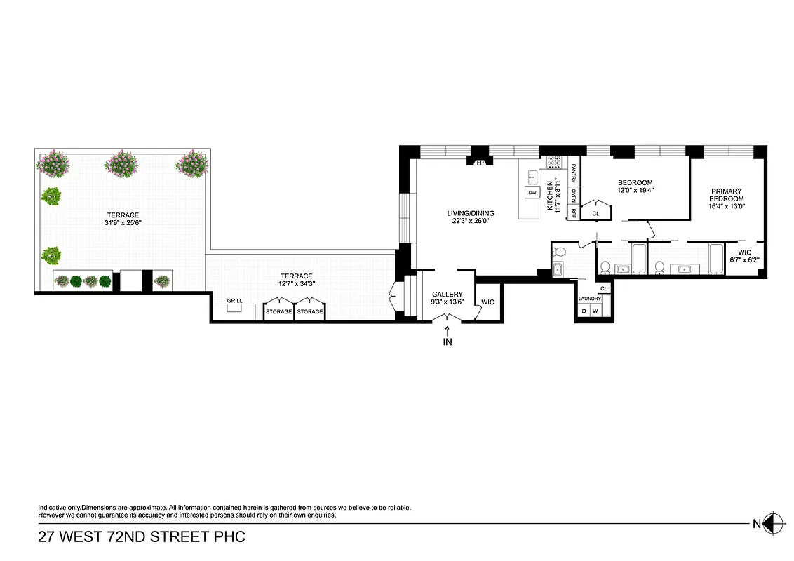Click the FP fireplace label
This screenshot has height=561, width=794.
(x=480, y=163)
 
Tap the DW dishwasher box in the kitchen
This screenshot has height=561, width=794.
(x=532, y=192)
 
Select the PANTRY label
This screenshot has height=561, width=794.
(x=574, y=172)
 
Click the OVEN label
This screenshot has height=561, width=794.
(x=574, y=195)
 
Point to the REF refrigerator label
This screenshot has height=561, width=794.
(x=574, y=212)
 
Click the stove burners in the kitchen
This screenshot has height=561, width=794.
(x=554, y=162)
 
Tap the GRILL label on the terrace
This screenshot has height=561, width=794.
(x=234, y=301)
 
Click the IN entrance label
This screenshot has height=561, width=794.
(x=448, y=342)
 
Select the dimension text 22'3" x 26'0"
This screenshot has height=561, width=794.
(x=471, y=222)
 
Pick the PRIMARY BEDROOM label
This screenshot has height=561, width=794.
(x=726, y=195)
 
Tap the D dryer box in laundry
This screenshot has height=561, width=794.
(x=583, y=311)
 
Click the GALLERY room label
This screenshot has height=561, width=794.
(x=447, y=295)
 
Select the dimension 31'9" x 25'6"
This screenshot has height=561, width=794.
(x=123, y=224)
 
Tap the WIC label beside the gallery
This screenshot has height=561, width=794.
(x=487, y=302)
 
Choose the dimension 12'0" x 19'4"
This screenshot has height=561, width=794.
(x=635, y=190)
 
